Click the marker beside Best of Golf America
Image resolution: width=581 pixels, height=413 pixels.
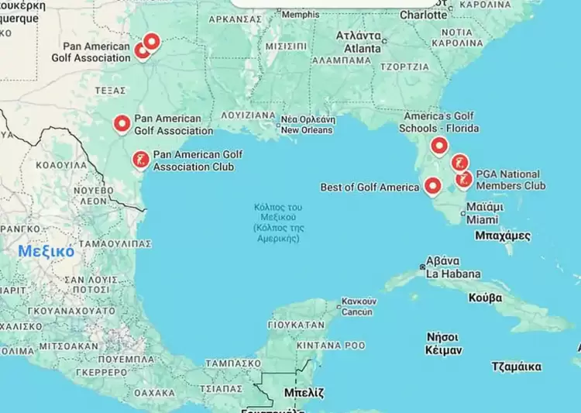pos(432,186)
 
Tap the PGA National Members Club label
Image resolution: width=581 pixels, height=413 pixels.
pos(510,180)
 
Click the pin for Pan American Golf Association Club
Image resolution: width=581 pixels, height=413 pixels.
pos(140,160)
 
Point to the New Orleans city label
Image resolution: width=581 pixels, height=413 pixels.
pos(307,126)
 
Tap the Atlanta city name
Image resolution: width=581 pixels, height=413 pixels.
pos(362,43)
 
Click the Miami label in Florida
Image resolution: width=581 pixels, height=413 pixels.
pos(482,214)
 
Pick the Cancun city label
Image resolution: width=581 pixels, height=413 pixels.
pos(357,306)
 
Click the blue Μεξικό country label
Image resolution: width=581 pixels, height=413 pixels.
pos(46,251)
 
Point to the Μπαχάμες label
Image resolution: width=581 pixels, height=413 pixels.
pos(502,235)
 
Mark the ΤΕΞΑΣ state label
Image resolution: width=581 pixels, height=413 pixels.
pos(110,91)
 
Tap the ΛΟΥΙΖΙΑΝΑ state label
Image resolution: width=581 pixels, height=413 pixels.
pos(248,115)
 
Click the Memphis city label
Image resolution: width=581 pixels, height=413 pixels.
pos(300,15)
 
